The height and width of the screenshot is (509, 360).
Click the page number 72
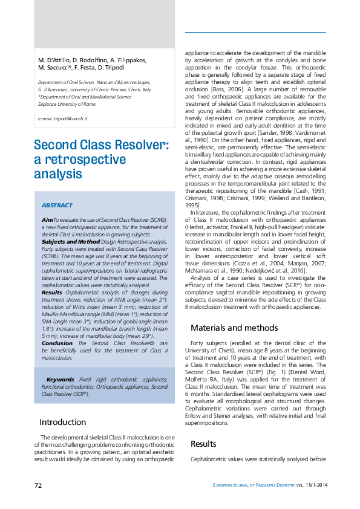(x=38, y=485)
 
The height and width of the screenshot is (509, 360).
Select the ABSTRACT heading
(x=57, y=206)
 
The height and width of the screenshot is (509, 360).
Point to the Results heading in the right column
(x=203, y=444)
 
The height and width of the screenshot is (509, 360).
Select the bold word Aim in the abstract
(x=47, y=219)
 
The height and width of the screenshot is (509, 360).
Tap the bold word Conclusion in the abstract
(x=57, y=343)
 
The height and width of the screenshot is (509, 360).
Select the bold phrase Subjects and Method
(x=66, y=240)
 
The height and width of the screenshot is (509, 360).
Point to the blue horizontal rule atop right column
(x=255, y=32)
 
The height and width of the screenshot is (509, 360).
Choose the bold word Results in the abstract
(x=51, y=274)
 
